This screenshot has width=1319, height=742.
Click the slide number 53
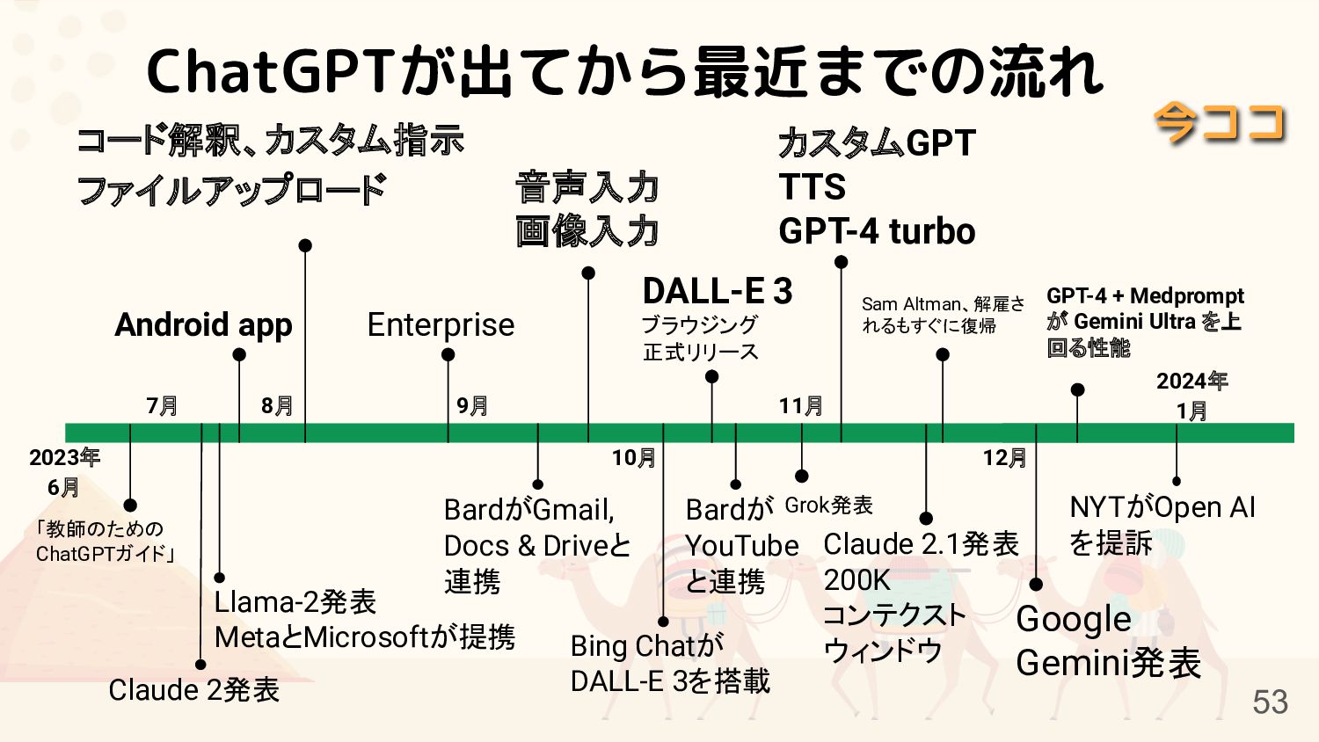pyautogui.click(x=1270, y=702)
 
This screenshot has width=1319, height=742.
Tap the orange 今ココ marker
pyautogui.click(x=1220, y=122)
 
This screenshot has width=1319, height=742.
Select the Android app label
pyautogui.click(x=203, y=325)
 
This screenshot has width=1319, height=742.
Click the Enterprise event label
pyautogui.click(x=441, y=324)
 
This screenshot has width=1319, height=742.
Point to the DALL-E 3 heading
pyautogui.click(x=718, y=291)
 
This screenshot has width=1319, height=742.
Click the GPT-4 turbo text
pyautogui.click(x=877, y=231)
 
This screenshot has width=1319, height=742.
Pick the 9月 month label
pyautogui.click(x=472, y=405)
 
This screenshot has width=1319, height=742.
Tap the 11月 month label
pyautogui.click(x=800, y=405)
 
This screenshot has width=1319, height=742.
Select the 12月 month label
pyautogui.click(x=1004, y=457)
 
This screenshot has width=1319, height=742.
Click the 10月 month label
pyautogui.click(x=633, y=457)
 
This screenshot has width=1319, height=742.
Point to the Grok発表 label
pyautogui.click(x=828, y=506)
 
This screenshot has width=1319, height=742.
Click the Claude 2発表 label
pyautogui.click(x=193, y=690)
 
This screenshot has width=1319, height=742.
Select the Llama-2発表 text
pyautogui.click(x=295, y=602)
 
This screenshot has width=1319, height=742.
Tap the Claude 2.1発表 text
pyautogui.click(x=921, y=544)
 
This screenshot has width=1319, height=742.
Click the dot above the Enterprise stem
pyautogui.click(x=448, y=355)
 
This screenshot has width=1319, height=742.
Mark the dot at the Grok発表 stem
pyautogui.click(x=801, y=476)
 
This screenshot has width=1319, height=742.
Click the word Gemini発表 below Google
pyautogui.click(x=1108, y=663)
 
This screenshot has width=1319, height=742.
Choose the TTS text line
pyautogui.click(x=812, y=187)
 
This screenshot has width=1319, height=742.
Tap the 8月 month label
pyautogui.click(x=277, y=405)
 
